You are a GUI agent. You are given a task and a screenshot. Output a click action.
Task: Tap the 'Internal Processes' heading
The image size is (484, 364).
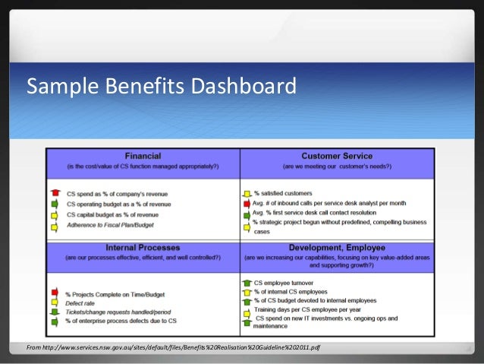point(143,248)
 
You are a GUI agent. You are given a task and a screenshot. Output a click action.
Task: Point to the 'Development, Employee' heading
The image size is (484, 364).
point(337,248)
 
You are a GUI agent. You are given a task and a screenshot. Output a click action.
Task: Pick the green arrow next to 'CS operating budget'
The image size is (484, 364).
point(54,204)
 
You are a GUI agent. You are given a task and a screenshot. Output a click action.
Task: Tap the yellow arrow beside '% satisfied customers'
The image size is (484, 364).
point(247,194)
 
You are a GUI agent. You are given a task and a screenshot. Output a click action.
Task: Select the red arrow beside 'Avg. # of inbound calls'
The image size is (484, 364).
point(247,204)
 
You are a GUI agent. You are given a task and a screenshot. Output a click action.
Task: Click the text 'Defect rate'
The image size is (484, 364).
point(81,302)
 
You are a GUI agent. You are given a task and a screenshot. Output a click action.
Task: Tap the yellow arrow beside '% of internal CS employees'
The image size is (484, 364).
point(247,293)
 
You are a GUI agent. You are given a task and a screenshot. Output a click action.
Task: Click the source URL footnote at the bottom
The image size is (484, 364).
point(173,347)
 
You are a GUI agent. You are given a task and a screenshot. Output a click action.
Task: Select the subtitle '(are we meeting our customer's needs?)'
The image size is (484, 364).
point(337,165)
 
